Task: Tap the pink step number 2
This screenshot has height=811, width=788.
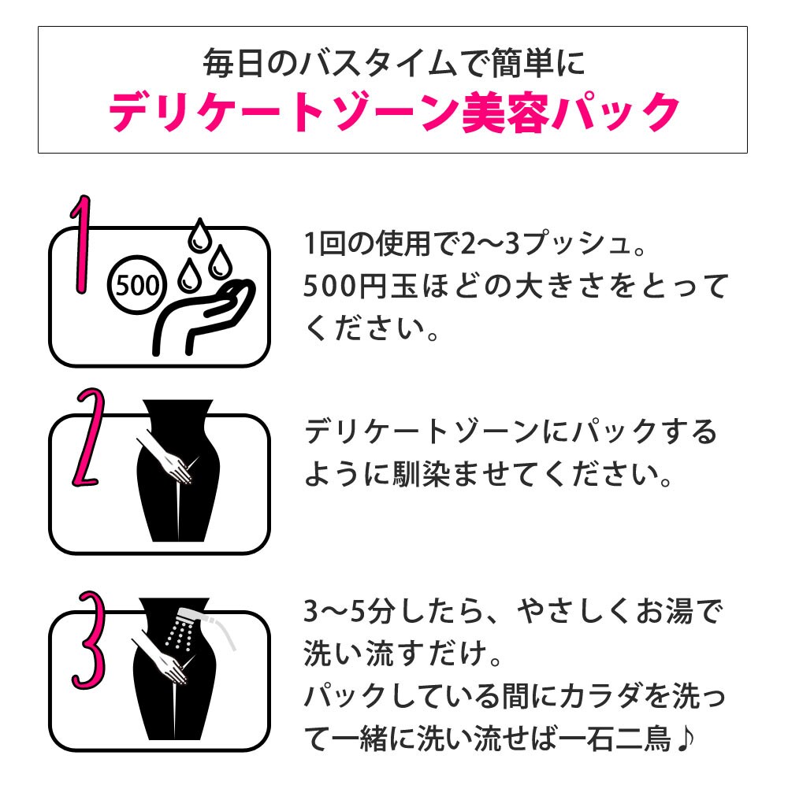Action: click(x=89, y=437)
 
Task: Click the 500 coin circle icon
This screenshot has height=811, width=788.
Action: click(x=136, y=284)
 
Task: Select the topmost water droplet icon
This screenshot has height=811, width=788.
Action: click(x=199, y=236)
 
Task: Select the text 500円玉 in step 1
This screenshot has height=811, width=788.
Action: click(x=360, y=286)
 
